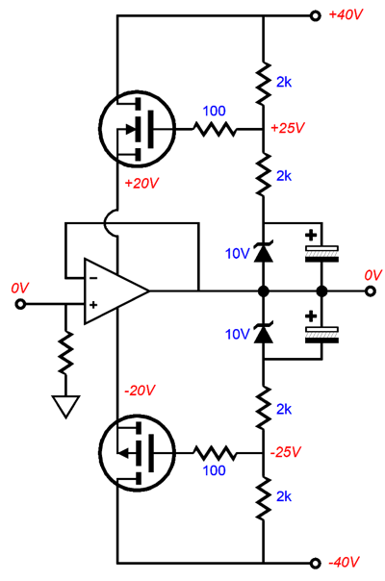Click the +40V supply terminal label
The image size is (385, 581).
click(x=346, y=16)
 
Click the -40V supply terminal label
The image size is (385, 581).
click(x=346, y=563)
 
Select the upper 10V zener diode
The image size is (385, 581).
click(x=263, y=253)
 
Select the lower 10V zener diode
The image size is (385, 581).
click(x=263, y=334)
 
